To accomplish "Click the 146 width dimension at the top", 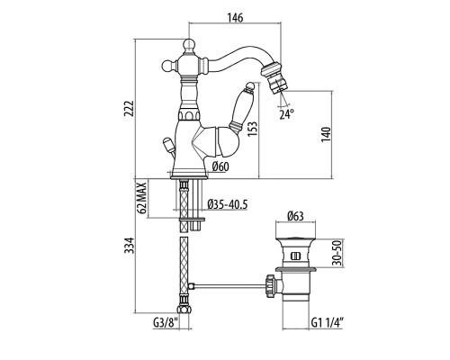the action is pos(235,18).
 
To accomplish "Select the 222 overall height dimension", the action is pos(129,109).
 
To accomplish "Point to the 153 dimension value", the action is pos(252,129).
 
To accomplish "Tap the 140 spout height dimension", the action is pos(326,135).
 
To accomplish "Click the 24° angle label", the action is pos(287,114).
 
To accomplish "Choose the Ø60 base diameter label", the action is pos(220,166).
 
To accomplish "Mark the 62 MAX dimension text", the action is pos(143,197).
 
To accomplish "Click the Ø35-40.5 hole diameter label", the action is pos(228,204).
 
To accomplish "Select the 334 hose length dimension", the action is pos(130,245).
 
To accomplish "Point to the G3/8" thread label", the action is pos(166,323).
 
